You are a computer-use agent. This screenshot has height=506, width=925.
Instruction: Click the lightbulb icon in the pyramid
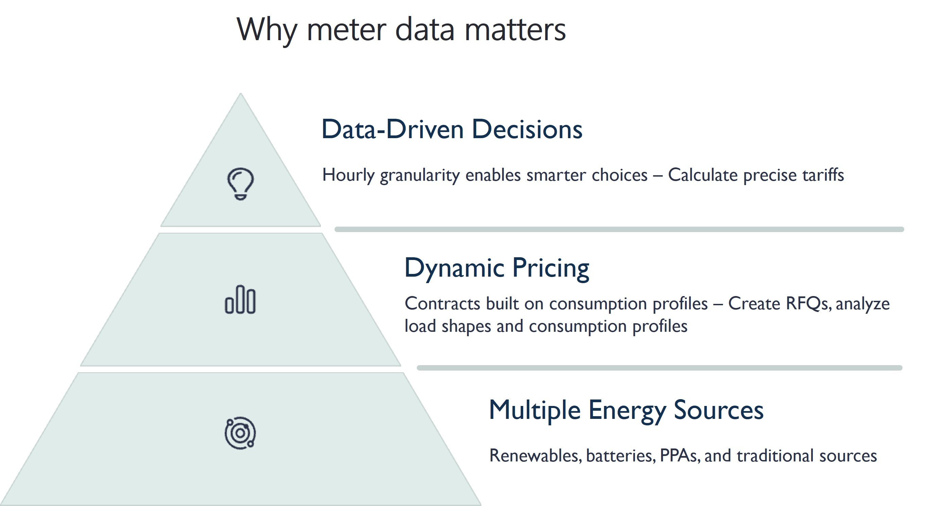[240, 184]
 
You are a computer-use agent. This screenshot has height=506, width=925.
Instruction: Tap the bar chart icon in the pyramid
[240, 299]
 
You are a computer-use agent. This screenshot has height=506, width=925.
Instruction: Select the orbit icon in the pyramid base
[240, 433]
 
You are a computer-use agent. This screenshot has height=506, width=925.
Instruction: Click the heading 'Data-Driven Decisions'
[452, 129]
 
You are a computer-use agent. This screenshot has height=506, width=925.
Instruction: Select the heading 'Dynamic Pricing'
[497, 268]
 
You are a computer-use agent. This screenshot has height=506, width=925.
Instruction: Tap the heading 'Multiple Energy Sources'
[626, 410]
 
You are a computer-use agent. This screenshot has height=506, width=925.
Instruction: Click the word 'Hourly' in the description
[348, 176]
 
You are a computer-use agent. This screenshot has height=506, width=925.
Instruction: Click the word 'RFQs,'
[808, 304]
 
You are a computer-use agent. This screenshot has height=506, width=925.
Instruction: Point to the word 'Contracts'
[442, 304]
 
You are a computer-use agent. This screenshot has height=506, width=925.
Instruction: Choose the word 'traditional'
[776, 456]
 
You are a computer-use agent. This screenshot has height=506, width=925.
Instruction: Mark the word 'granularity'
[420, 176]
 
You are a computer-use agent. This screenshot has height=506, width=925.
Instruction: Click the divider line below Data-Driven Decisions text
[619, 229]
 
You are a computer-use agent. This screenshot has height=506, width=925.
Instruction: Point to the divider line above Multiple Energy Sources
[659, 368]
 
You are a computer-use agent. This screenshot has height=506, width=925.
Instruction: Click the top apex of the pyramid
[241, 94]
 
